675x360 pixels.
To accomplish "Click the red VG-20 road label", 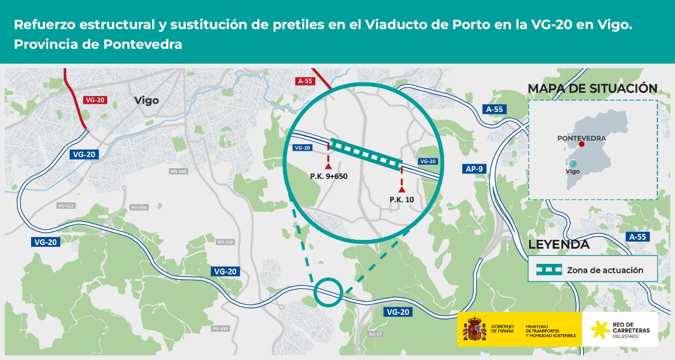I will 94,100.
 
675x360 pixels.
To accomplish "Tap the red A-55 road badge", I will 305,81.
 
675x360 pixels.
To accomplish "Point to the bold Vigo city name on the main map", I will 146,100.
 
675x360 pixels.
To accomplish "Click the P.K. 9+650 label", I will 329,176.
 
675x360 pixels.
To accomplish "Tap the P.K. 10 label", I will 401,199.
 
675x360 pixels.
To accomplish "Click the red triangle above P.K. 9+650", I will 328,167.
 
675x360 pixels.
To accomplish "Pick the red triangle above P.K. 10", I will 401,189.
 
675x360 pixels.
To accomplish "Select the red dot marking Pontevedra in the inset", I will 581,144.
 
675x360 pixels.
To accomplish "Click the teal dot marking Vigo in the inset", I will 573,164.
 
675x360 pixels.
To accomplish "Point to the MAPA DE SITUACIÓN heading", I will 592,89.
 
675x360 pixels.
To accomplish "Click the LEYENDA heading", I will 558,244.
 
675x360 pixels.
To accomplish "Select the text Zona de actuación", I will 605,270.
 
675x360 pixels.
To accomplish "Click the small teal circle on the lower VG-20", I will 328,292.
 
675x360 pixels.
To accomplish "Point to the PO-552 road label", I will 66,206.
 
